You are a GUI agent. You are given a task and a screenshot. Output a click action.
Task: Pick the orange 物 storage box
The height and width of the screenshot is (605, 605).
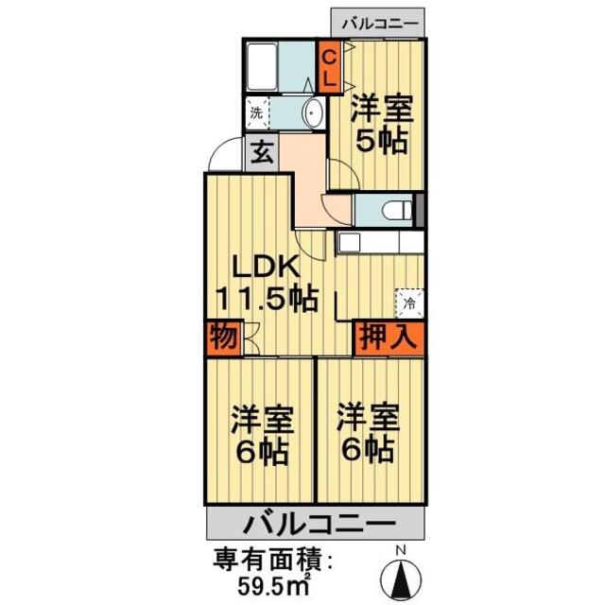pos(223,337)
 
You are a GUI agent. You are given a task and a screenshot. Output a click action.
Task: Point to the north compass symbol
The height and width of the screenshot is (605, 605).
pos(399,574)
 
